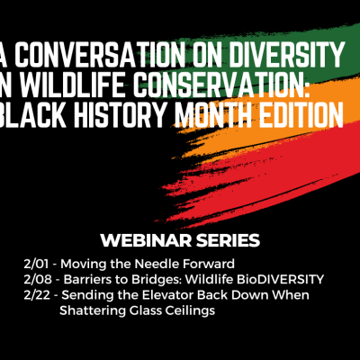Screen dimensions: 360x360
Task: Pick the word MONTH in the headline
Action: pos(213,113)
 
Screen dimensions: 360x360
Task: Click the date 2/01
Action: pos(36,264)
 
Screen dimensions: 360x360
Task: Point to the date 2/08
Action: pos(37,280)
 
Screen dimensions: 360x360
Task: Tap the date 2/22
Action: pos(37,295)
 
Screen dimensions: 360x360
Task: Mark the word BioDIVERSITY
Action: pos(281,280)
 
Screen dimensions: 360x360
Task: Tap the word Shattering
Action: pos(93,310)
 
